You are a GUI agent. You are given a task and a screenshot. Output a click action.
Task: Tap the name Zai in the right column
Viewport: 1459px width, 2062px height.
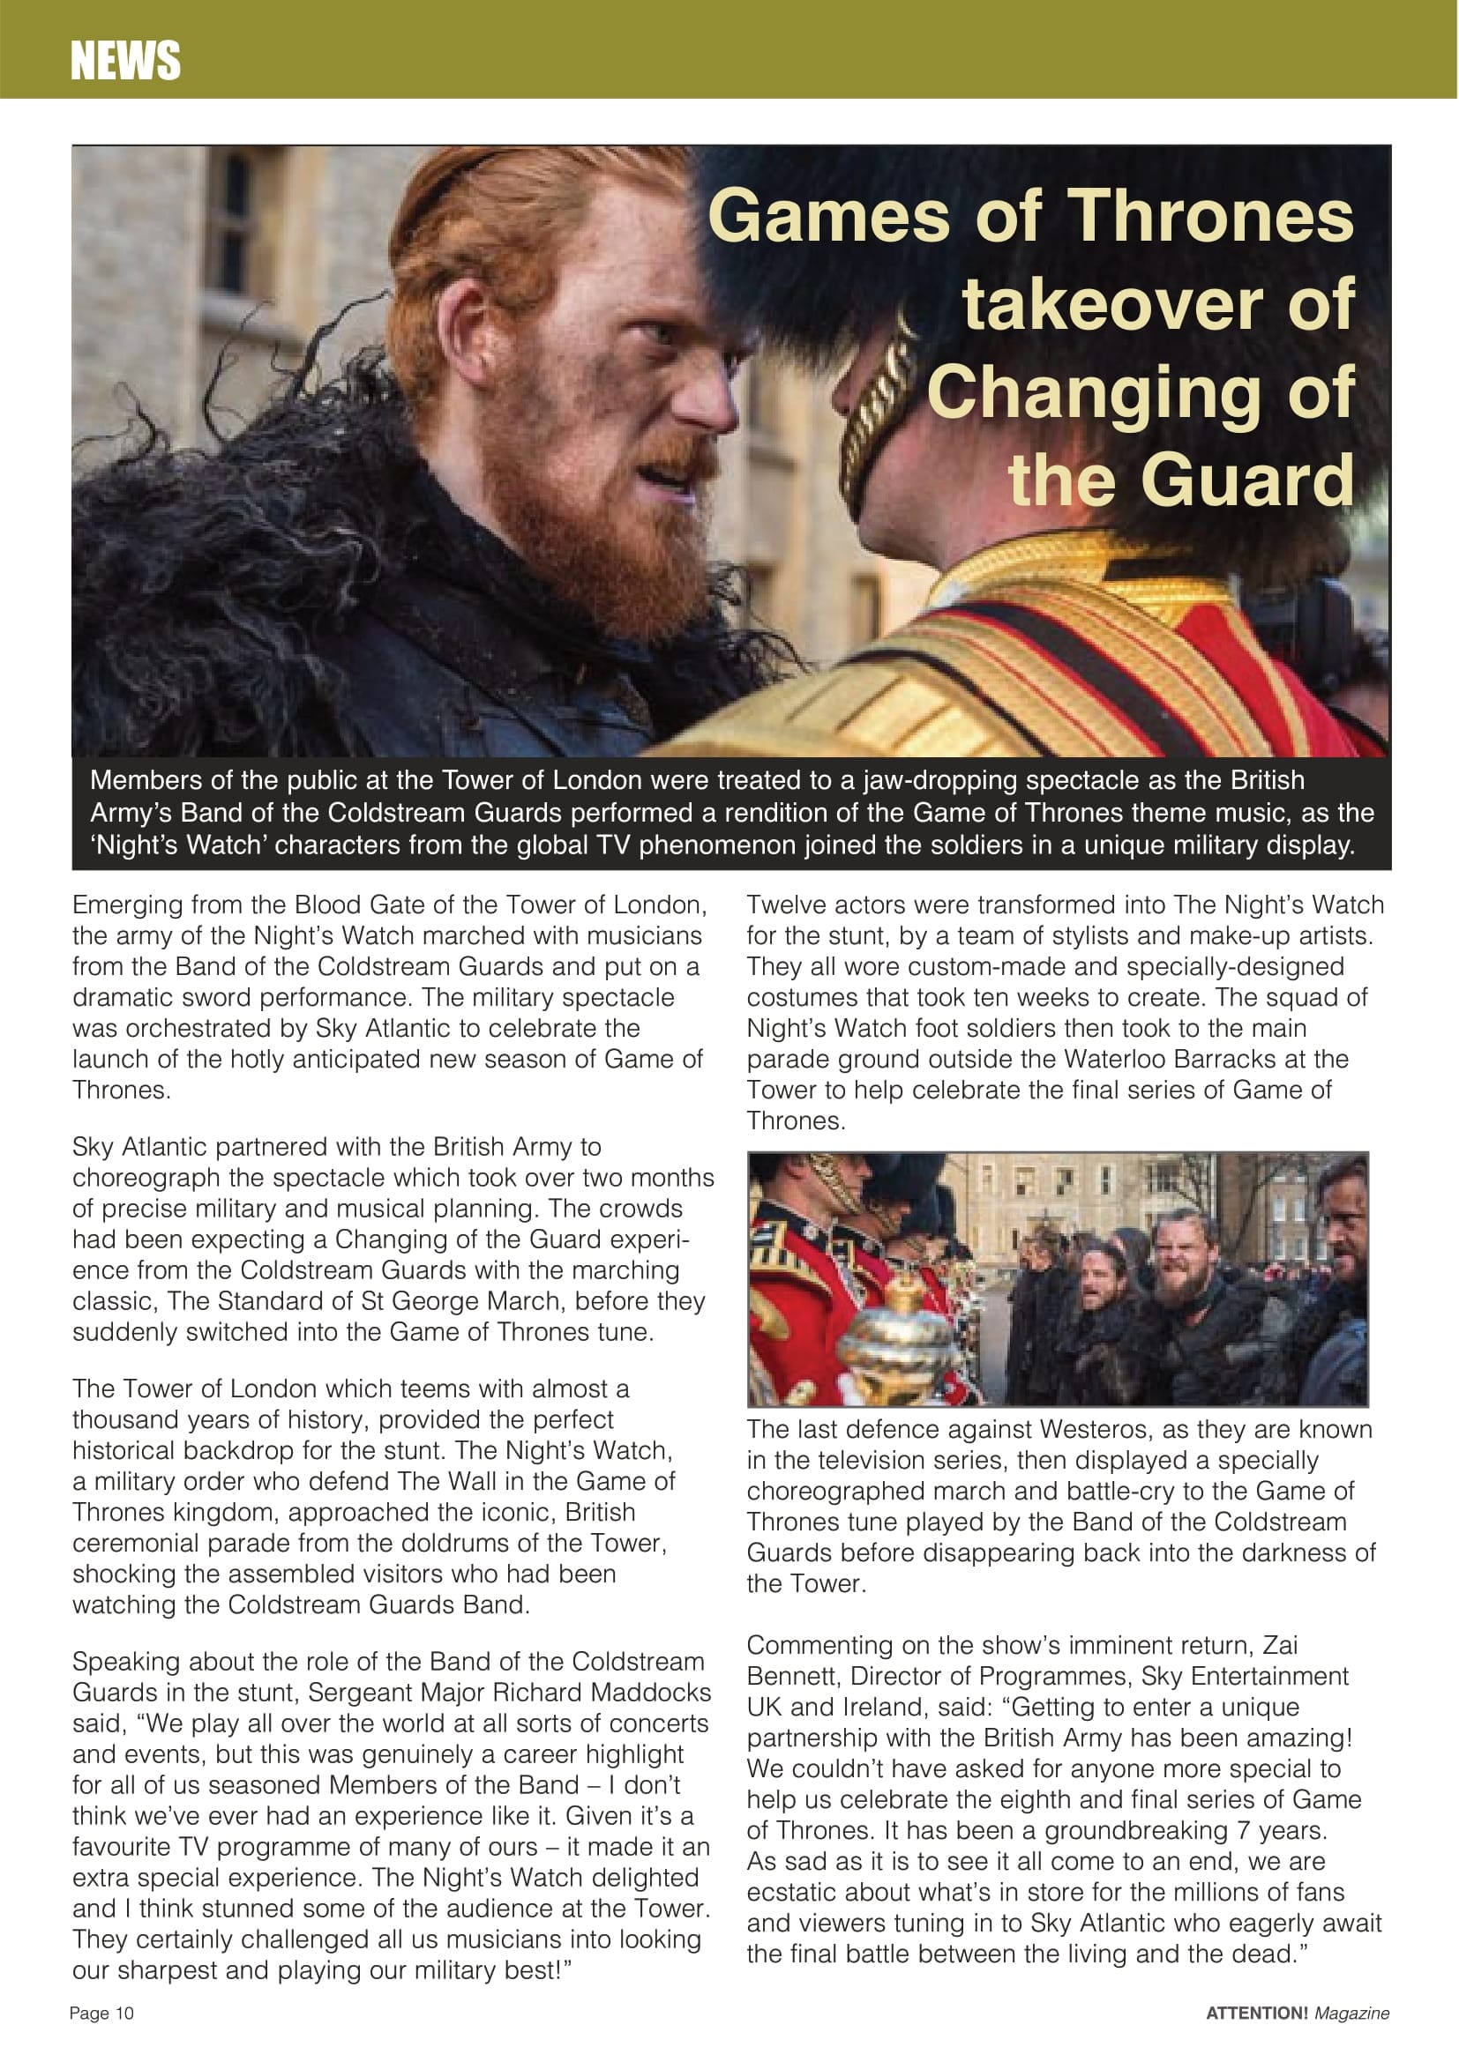point(1280,1644)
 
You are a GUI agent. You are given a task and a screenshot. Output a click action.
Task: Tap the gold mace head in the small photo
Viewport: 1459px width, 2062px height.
point(898,1338)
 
